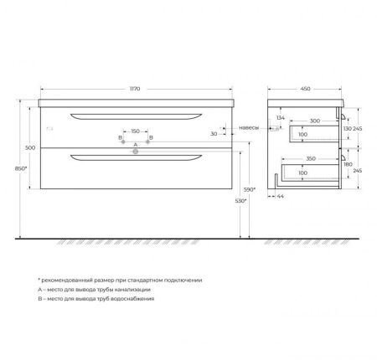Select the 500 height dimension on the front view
pyautogui.click(x=29, y=147)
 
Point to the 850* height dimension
pyautogui.click(x=21, y=169)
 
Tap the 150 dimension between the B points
pyautogui.click(x=136, y=131)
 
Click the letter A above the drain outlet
pyautogui.click(x=136, y=145)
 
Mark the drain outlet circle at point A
pyautogui.click(x=136, y=152)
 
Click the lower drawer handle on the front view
pyautogui.click(x=136, y=157)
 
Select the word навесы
pyautogui.click(x=249, y=127)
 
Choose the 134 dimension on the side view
pyautogui.click(x=281, y=119)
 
